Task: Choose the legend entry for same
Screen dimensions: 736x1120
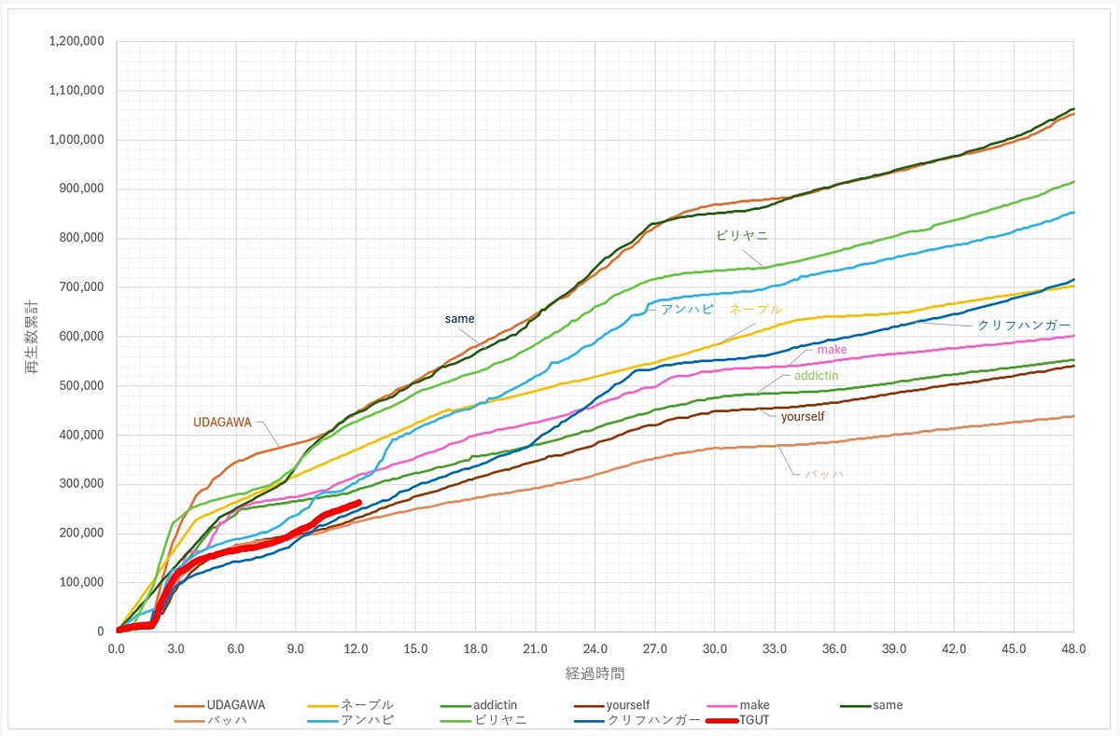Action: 887,705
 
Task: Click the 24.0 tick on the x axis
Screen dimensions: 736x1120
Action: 595,649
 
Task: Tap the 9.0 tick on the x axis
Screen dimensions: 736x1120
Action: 296,649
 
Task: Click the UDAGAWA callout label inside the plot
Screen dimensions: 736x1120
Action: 222,422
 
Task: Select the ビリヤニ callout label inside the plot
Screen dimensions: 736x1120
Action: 742,236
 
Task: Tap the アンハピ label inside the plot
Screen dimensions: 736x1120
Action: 687,309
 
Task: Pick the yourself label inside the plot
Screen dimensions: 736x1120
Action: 803,416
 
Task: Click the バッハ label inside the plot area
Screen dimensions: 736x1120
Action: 824,474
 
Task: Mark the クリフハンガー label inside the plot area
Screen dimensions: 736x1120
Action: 1024,326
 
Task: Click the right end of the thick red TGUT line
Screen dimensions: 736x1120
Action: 359,502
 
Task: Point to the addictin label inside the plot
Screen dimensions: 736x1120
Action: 816,375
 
